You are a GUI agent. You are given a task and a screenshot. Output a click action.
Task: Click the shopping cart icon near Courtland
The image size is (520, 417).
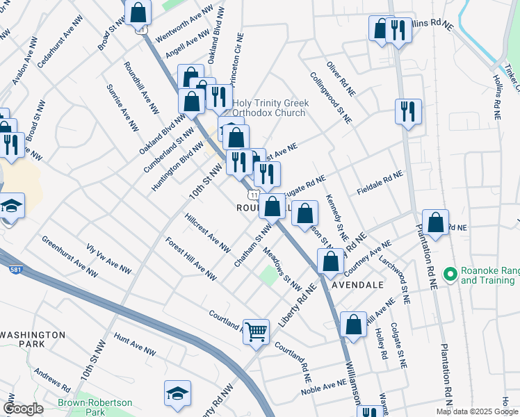click(257, 332)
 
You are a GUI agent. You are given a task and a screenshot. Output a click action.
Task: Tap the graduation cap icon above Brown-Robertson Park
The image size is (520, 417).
click(177, 393)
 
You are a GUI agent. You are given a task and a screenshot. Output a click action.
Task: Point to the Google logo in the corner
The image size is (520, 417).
click(23, 409)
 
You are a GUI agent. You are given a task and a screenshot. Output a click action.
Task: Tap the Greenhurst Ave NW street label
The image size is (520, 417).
click(68, 255)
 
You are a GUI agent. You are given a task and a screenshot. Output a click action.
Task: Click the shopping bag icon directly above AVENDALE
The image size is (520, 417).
click(331, 261)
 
